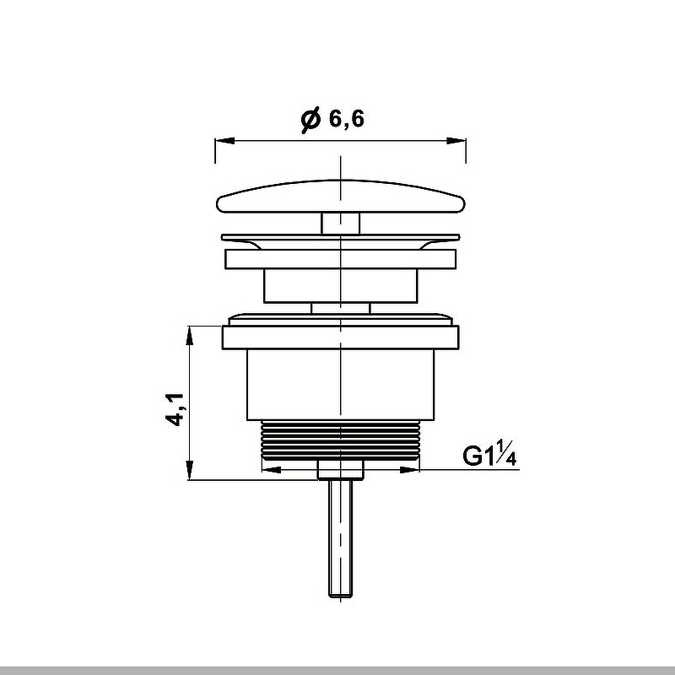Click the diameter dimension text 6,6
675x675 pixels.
click(347, 120)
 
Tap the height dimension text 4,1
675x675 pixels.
click(175, 408)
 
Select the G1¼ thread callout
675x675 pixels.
click(489, 456)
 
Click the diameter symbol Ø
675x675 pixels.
click(310, 120)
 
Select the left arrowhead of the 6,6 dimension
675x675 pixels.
click(221, 141)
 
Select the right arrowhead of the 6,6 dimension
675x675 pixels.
click(460, 141)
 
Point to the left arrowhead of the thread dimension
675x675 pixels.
click(268, 469)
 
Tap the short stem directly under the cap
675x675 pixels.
click(341, 223)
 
